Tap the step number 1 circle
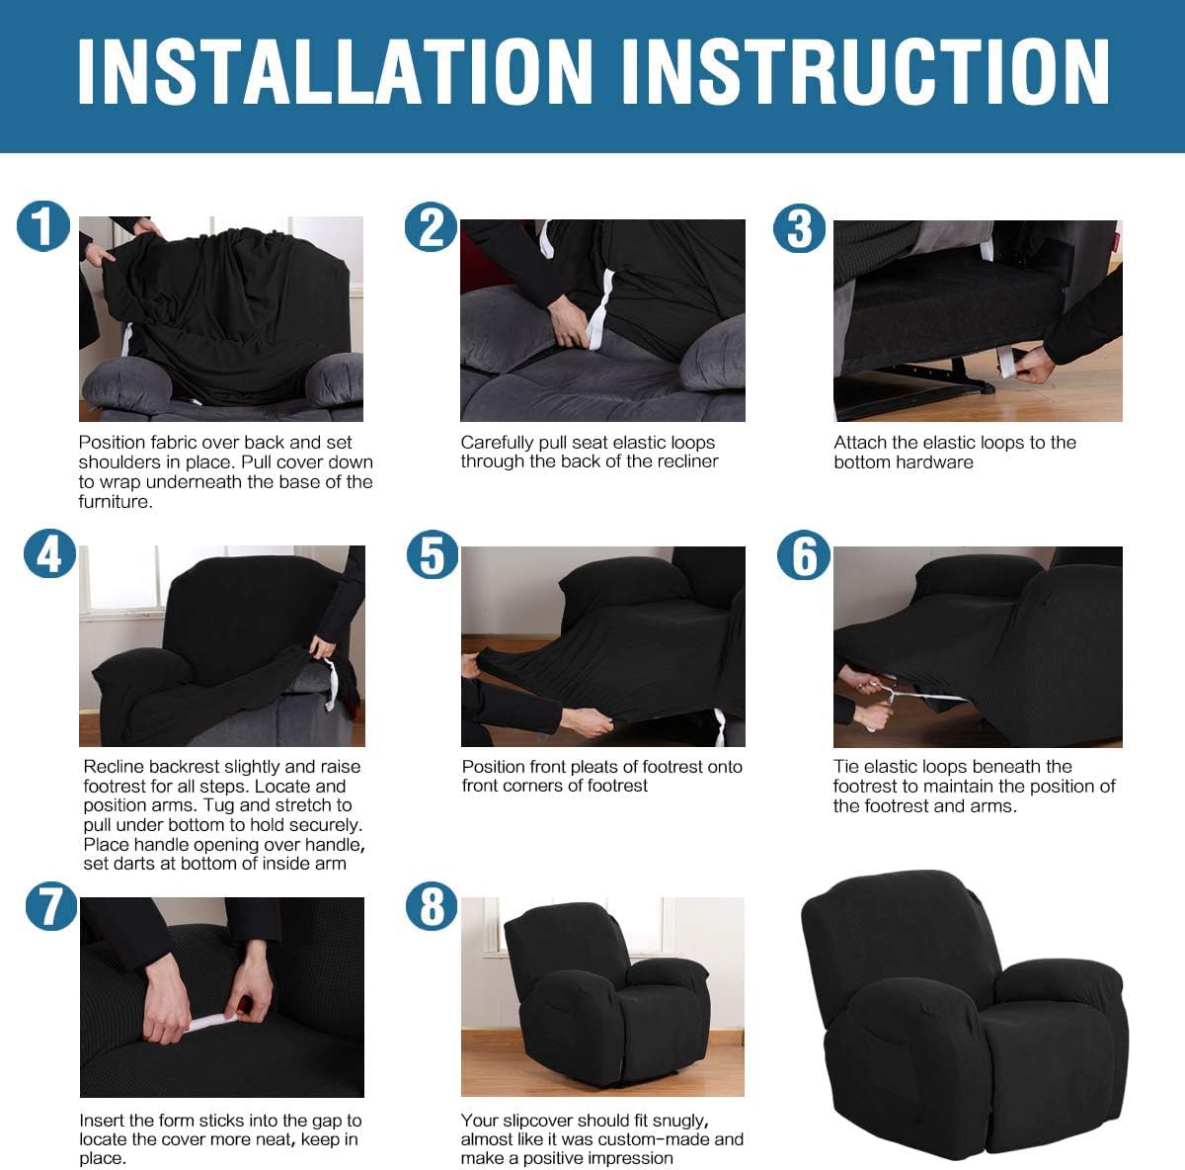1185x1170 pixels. point(43,226)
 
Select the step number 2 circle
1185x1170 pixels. point(431,227)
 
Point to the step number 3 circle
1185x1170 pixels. point(799,228)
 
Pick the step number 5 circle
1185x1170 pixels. point(433,554)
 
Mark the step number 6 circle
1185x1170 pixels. point(803,554)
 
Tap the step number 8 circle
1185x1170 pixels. point(432,907)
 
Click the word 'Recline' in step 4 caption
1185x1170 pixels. point(115,767)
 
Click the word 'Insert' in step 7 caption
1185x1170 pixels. point(102,1121)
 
